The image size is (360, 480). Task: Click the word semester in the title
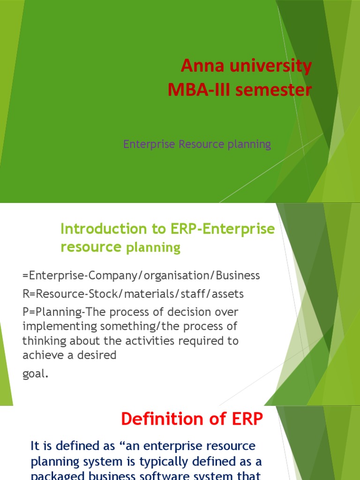[272, 90]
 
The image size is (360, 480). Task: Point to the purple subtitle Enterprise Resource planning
[197, 144]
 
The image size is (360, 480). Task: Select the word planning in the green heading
[153, 247]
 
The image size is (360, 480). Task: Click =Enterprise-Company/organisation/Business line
[141, 276]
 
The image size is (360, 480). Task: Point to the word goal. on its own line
[35, 374]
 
